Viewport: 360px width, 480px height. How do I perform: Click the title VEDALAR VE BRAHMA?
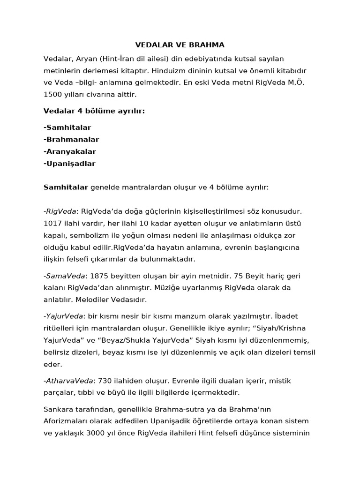point(180,45)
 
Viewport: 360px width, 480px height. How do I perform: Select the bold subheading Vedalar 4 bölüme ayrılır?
point(88,111)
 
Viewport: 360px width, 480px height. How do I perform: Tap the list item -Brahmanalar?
point(71,139)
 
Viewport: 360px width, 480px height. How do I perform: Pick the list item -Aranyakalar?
point(70,151)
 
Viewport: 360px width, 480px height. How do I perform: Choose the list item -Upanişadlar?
point(69,164)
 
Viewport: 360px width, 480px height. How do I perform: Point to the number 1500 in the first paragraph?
point(52,94)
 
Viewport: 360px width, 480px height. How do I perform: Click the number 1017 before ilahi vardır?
point(52,223)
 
